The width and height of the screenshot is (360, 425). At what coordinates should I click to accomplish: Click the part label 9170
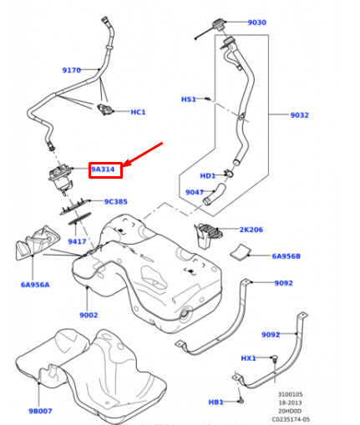(72, 70)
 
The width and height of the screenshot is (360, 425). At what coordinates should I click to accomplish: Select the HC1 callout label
(138, 112)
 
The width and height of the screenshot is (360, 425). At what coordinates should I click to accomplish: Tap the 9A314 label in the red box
(103, 169)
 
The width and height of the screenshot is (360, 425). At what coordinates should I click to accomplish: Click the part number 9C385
(116, 201)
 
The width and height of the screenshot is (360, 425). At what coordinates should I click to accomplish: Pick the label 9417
(77, 241)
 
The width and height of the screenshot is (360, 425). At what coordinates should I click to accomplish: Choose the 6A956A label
(35, 285)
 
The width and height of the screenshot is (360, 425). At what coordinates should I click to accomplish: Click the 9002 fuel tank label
(89, 315)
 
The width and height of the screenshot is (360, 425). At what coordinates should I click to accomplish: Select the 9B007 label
(40, 411)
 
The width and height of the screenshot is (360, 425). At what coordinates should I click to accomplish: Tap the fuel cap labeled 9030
(219, 24)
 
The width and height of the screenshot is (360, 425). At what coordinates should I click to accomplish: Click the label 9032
(300, 115)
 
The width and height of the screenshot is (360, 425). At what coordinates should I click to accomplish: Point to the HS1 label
(189, 99)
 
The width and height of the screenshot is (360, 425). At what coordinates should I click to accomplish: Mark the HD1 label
(208, 176)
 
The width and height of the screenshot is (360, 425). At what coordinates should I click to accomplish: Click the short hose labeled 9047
(214, 194)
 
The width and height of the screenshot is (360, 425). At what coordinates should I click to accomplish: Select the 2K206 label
(251, 230)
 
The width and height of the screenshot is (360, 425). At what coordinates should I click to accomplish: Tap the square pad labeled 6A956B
(240, 251)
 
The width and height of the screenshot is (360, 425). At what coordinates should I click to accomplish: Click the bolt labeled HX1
(276, 358)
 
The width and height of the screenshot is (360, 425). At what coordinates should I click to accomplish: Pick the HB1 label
(215, 402)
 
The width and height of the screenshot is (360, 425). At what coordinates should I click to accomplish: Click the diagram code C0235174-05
(291, 419)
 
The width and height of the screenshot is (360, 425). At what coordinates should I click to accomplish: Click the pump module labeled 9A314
(60, 178)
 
